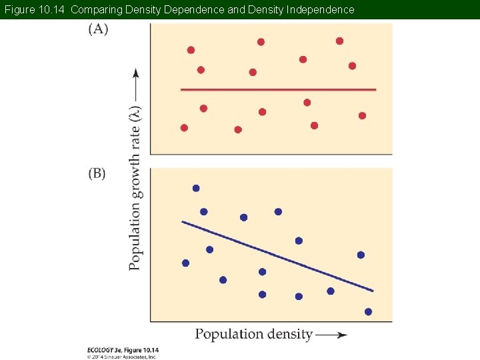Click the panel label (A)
click(x=97, y=29)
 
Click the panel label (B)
click(x=97, y=173)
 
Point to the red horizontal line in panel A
click(x=278, y=89)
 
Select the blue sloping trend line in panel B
click(x=277, y=256)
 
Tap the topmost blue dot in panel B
click(x=196, y=188)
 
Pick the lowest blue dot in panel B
click(x=368, y=311)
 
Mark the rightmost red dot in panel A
click(x=362, y=115)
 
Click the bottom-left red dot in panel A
click(x=184, y=127)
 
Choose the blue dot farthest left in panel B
click(x=185, y=263)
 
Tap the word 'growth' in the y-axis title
click(x=135, y=175)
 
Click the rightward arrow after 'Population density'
click(x=331, y=335)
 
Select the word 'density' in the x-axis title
click(x=287, y=334)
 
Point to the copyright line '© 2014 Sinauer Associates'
click(x=122, y=357)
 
